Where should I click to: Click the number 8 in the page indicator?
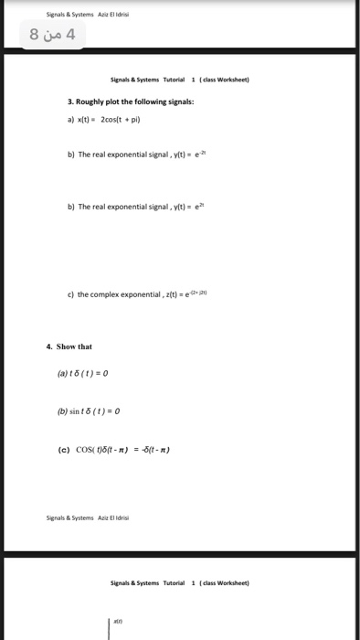35,36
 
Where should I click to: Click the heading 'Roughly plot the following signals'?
133,101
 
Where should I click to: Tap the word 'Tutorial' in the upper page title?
173,80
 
